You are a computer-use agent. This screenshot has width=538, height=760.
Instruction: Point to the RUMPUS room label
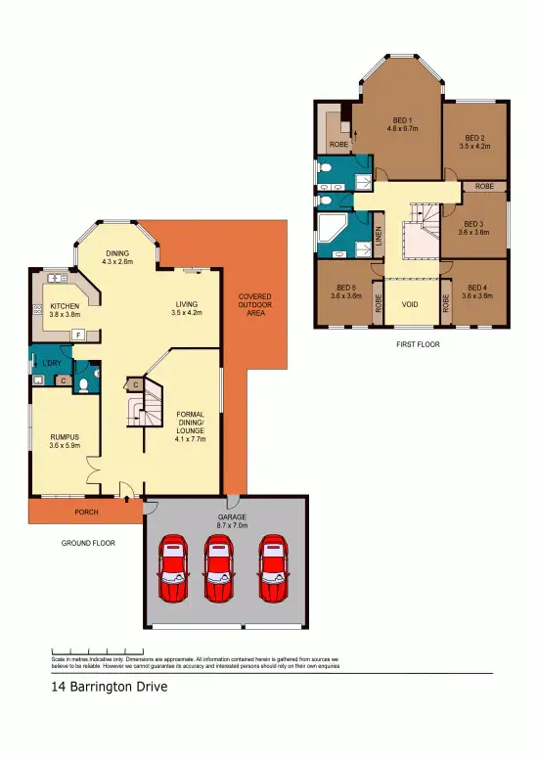coord(65,436)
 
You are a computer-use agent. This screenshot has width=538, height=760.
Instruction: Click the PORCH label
coord(87,512)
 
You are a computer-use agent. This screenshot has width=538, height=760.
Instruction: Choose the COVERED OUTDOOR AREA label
coord(254,304)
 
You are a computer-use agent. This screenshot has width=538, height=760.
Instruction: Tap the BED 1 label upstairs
coord(403,121)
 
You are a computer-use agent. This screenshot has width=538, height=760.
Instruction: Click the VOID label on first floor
coord(410,304)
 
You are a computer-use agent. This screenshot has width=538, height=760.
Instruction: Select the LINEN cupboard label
coord(379,239)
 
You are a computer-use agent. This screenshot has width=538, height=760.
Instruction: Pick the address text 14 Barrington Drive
coord(110,687)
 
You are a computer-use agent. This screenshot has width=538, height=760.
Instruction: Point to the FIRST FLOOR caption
coord(417,344)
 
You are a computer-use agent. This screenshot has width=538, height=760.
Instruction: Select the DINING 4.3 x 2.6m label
coord(118,256)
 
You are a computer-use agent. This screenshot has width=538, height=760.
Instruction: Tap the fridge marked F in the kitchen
coord(77,335)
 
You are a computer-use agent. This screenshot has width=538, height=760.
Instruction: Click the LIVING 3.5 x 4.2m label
coord(185,308)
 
